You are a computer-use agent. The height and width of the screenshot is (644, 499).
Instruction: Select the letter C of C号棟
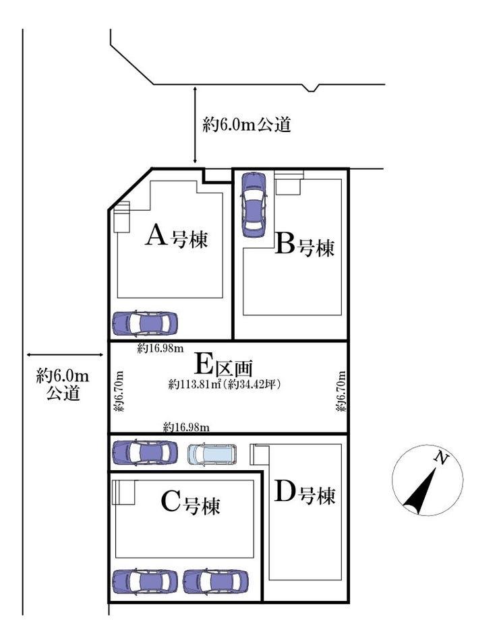tap(171, 501)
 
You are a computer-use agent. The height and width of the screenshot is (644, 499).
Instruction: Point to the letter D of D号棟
tap(285, 492)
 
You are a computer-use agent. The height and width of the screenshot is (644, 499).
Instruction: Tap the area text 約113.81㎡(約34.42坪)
tap(225, 385)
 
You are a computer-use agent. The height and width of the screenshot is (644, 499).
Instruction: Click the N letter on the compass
tap(442, 458)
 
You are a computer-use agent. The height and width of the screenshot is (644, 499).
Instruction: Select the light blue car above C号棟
tap(212, 454)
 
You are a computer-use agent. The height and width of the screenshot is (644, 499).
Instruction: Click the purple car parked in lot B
tap(254, 205)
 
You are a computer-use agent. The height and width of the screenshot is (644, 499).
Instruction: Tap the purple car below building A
tap(145, 323)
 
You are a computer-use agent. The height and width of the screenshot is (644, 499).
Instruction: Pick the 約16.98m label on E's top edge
tap(160, 349)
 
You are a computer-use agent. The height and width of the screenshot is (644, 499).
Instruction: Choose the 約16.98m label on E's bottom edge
tap(186, 427)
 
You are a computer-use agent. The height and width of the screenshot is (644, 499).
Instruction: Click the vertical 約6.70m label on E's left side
tap(119, 391)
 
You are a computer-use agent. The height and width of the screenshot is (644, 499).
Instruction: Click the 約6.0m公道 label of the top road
tap(247, 124)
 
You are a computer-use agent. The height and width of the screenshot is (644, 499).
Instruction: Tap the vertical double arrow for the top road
tap(196, 125)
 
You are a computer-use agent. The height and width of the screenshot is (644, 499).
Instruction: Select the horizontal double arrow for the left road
tap(64, 355)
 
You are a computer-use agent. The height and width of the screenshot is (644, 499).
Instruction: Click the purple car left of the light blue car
tap(145, 452)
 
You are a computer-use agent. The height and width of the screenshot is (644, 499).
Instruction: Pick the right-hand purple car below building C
tap(216, 581)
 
